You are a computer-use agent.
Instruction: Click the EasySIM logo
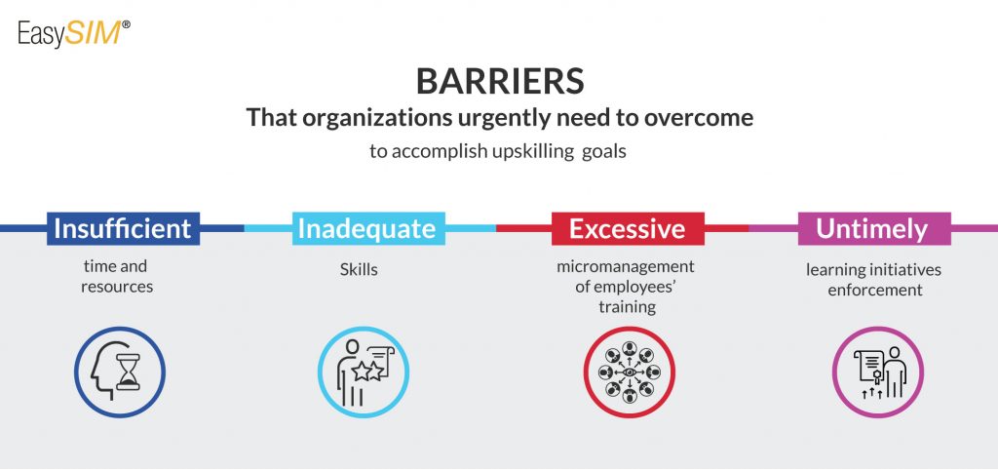74,34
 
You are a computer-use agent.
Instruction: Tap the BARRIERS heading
500,82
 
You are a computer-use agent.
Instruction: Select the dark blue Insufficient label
123,228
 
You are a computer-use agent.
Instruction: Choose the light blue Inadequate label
367,228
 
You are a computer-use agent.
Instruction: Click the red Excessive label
628,228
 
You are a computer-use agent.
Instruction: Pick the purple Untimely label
874,228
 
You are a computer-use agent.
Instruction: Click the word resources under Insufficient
117,287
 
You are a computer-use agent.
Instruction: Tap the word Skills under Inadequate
359,269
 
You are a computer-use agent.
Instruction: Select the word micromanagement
626,266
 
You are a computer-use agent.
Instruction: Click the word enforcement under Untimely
874,291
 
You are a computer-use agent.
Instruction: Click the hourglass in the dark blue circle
128,372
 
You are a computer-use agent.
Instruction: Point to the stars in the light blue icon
367,370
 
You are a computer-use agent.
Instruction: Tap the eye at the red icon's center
630,372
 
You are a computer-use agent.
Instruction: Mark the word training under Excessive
627,307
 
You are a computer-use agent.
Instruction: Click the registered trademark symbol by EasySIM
126,24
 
